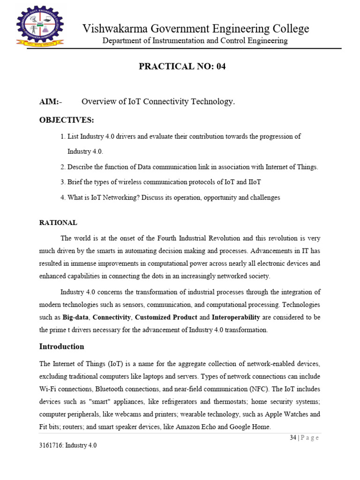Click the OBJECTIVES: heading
pyautogui.click(x=67, y=120)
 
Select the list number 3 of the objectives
pyautogui.click(x=62, y=182)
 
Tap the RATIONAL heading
pyautogui.click(x=58, y=223)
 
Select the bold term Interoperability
pyautogui.click(x=239, y=317)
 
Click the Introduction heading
pyautogui.click(x=61, y=346)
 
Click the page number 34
pyautogui.click(x=293, y=438)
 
